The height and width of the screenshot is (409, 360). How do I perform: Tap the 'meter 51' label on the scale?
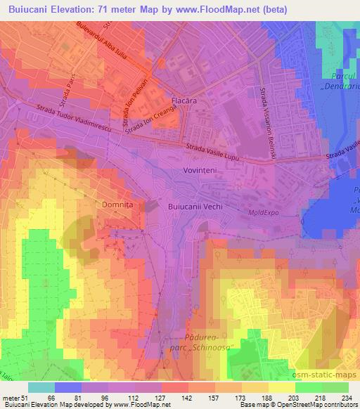pyautogui.click(x=15, y=397)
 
